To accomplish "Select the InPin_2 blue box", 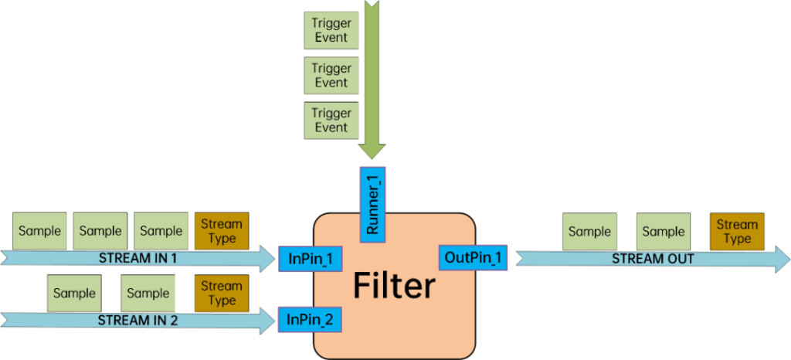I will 310,318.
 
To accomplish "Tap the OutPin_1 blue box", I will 473,257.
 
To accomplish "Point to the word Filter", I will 394,286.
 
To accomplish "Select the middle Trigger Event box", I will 331,76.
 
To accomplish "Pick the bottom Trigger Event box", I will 331,121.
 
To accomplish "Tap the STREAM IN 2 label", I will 137,319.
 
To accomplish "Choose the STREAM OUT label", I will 653,259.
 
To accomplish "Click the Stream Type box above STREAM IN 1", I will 222,231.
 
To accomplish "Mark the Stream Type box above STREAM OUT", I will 737,232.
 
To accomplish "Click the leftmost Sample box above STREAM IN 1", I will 39,231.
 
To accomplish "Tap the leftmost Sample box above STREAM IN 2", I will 74,294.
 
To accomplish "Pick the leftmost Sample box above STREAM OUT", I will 589,232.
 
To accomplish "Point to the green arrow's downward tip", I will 372,158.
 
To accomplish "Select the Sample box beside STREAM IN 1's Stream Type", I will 161,231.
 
